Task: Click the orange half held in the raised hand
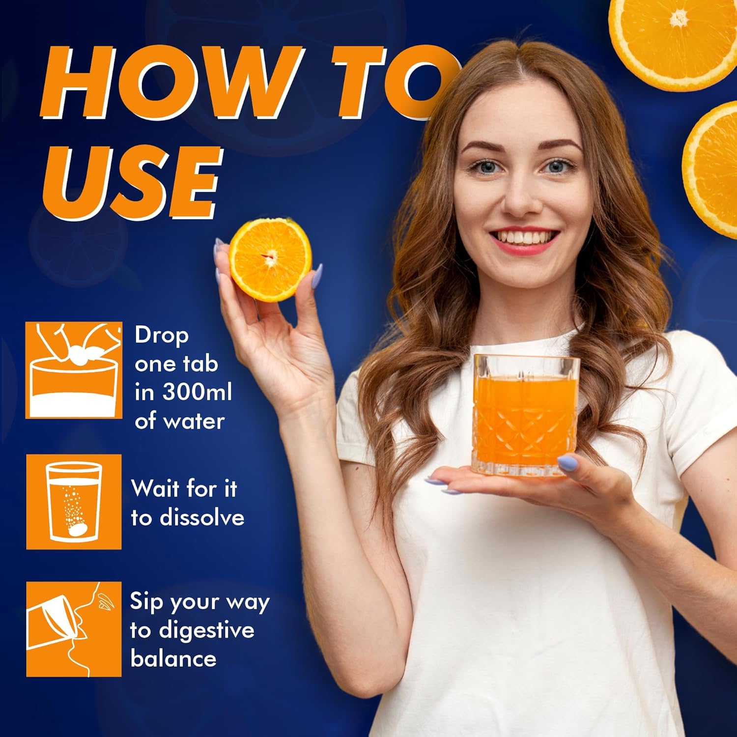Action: click(270, 259)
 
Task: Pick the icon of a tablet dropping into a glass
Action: click(74, 370)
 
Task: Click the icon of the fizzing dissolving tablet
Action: click(74, 502)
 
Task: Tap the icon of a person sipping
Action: click(74, 629)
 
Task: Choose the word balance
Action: click(173, 659)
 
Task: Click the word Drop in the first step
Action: click(162, 337)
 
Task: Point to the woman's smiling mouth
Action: click(524, 240)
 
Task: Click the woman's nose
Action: click(519, 196)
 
